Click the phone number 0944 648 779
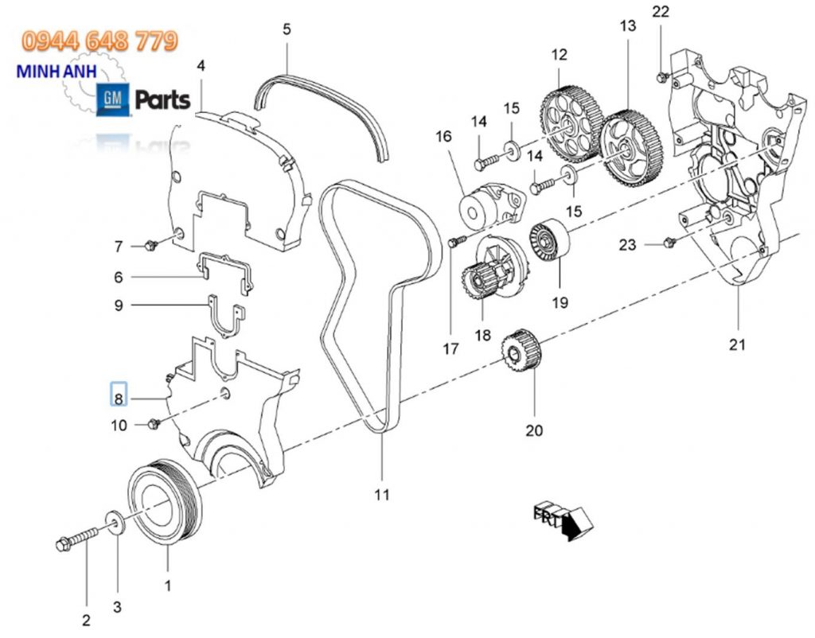(x=99, y=41)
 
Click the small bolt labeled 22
(x=661, y=76)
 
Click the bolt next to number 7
(x=154, y=245)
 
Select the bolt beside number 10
(x=155, y=424)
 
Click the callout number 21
(x=737, y=344)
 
